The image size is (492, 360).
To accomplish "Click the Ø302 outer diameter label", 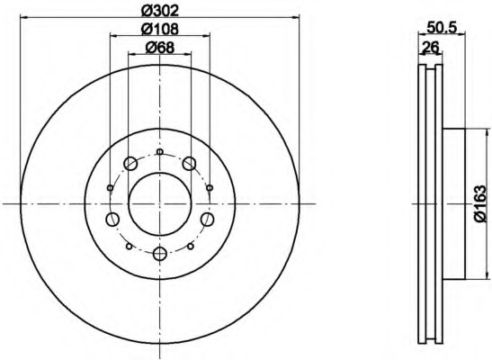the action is pyautogui.click(x=160, y=12).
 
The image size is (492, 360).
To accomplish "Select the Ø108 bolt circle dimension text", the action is pyautogui.click(x=160, y=29).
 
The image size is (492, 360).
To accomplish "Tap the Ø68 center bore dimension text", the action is pyautogui.click(x=160, y=48).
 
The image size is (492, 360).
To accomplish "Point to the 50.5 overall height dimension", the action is pyautogui.click(x=441, y=28).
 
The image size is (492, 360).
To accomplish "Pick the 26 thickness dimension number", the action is pyautogui.click(x=430, y=48).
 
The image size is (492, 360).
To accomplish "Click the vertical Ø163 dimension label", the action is pyautogui.click(x=482, y=204).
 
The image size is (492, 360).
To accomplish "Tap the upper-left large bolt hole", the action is pyautogui.click(x=130, y=164).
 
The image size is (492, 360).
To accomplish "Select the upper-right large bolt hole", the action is pyautogui.click(x=189, y=164).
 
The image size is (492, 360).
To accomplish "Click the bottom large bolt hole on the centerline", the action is pyautogui.click(x=160, y=253).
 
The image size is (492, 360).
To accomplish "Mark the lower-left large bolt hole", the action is pyautogui.click(x=112, y=219).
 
